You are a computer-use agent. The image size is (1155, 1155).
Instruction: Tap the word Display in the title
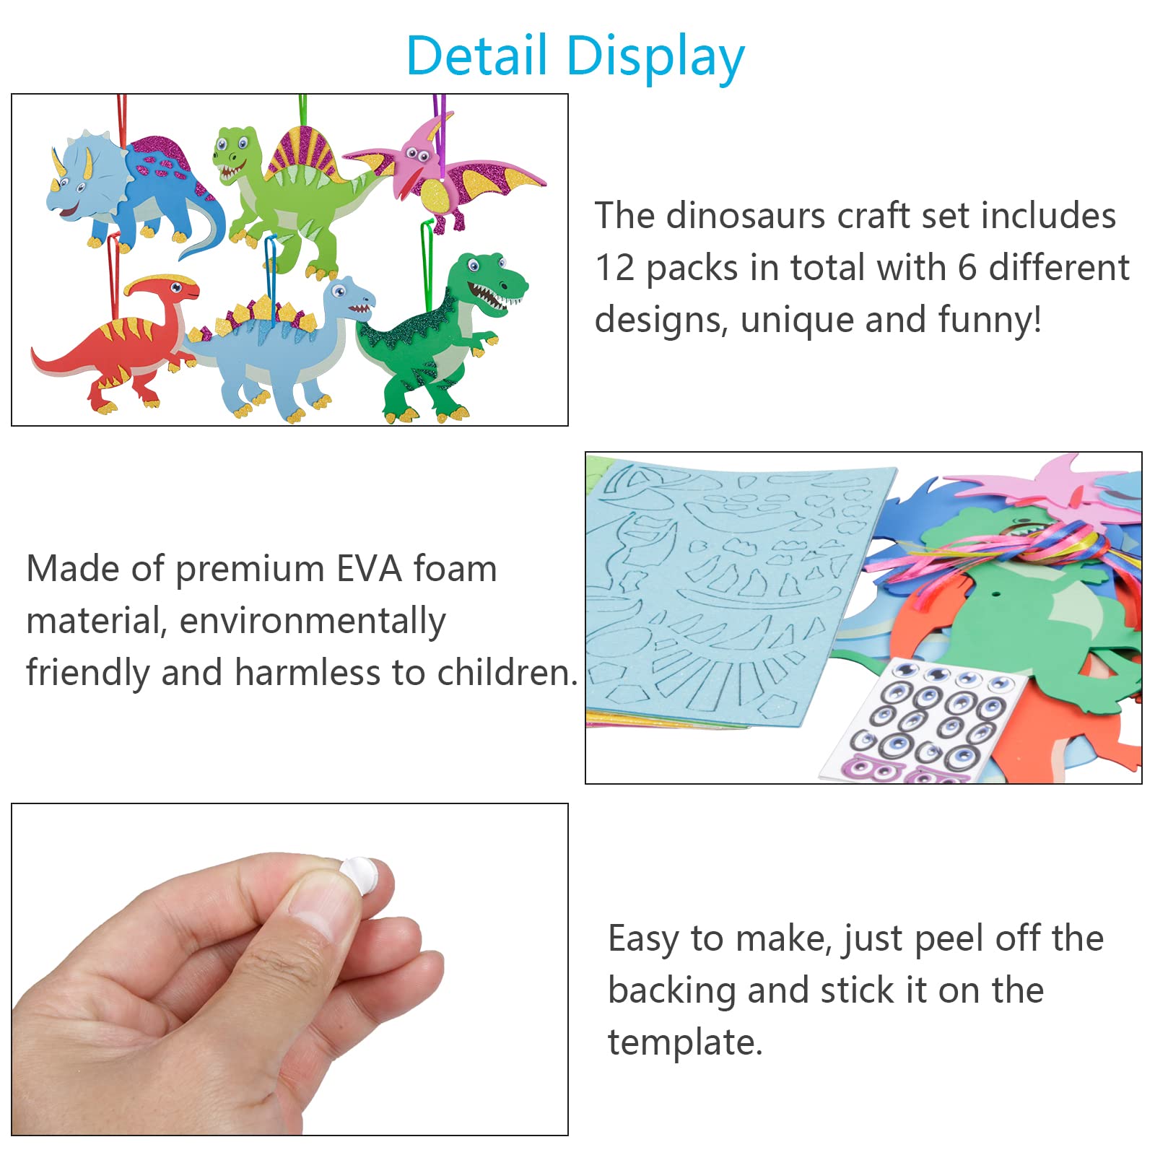(x=655, y=58)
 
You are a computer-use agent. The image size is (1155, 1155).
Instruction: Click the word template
(x=685, y=1042)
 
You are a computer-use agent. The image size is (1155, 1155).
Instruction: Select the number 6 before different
(x=967, y=268)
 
